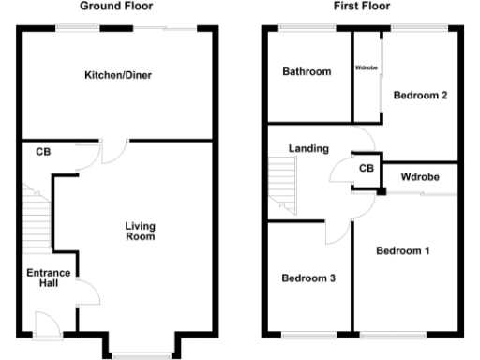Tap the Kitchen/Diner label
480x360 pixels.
click(117, 74)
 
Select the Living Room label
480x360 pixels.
click(141, 231)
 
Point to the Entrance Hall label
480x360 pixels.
click(41, 277)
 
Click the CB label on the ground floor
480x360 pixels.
click(43, 151)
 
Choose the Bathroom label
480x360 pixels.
click(307, 71)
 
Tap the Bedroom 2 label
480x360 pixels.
click(418, 95)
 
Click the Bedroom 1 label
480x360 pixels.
click(402, 251)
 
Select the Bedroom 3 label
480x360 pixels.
click(308, 278)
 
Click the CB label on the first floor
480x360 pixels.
click(366, 169)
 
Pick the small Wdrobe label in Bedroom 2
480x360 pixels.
click(366, 68)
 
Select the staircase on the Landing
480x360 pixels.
click(282, 183)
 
